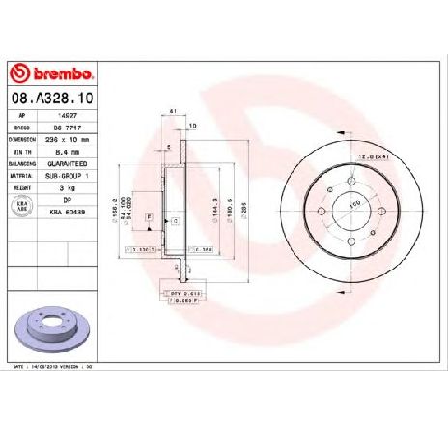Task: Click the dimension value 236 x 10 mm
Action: [x=69, y=138]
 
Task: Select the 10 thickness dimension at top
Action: [x=192, y=127]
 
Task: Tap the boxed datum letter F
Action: [x=149, y=219]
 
